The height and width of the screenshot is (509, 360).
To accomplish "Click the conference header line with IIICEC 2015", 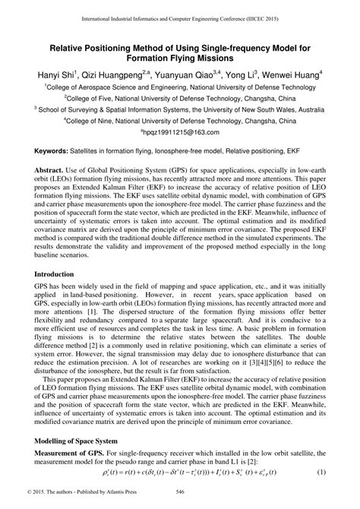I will pos(180,16).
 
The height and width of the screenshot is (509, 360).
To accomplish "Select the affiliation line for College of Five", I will pos(180,98).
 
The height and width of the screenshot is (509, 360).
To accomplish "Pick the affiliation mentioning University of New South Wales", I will pos(180,109).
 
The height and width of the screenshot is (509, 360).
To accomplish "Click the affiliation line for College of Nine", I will pos(180,120).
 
